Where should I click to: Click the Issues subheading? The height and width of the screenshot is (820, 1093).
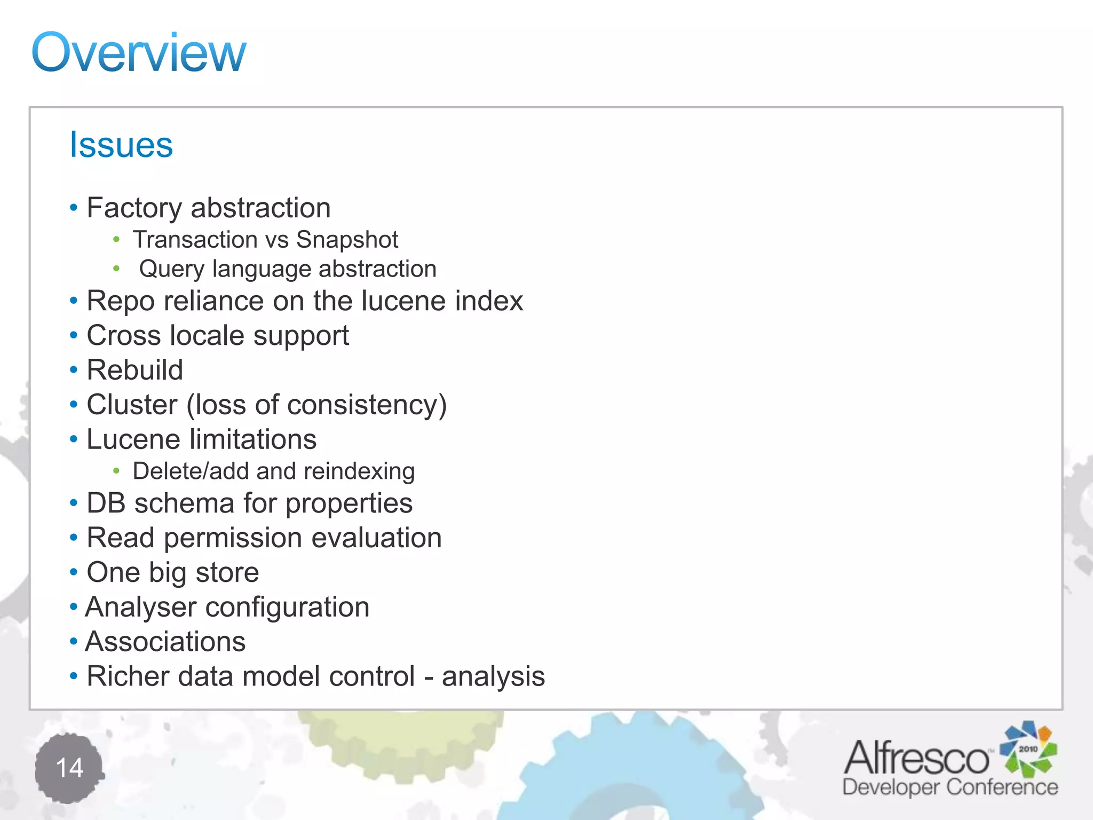pyautogui.click(x=121, y=145)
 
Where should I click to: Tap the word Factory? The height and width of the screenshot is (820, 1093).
pyautogui.click(x=133, y=208)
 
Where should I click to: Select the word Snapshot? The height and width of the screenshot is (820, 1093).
pyautogui.click(x=347, y=240)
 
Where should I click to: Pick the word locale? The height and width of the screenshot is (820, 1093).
pyautogui.click(x=207, y=336)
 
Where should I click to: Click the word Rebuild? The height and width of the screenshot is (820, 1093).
pyautogui.click(x=135, y=370)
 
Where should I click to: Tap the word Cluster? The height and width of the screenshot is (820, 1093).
pyautogui.click(x=132, y=405)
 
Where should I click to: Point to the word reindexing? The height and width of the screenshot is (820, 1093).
pyautogui.click(x=359, y=471)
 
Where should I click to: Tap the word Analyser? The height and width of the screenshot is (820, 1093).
pyautogui.click(x=141, y=608)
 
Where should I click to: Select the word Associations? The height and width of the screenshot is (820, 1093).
pyautogui.click(x=165, y=642)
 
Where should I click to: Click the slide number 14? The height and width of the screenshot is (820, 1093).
pyautogui.click(x=69, y=768)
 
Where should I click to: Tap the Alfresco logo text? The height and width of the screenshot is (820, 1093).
pyautogui.click(x=917, y=758)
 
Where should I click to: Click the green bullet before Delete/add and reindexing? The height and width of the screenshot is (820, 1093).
pyautogui.click(x=116, y=471)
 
